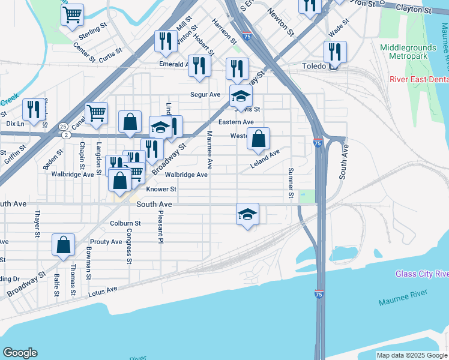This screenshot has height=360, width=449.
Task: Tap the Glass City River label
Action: [x=422, y=274]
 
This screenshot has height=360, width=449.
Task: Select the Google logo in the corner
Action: [x=20, y=352]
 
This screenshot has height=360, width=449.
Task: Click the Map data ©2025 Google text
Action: [x=411, y=356]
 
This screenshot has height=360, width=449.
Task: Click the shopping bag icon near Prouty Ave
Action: [x=63, y=245]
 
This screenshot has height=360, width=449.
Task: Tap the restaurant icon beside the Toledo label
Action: [x=335, y=52]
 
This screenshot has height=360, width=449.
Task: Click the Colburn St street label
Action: [x=125, y=223]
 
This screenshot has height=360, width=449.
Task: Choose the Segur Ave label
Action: [x=205, y=95]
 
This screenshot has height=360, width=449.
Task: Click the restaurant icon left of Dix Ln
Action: [x=34, y=110]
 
